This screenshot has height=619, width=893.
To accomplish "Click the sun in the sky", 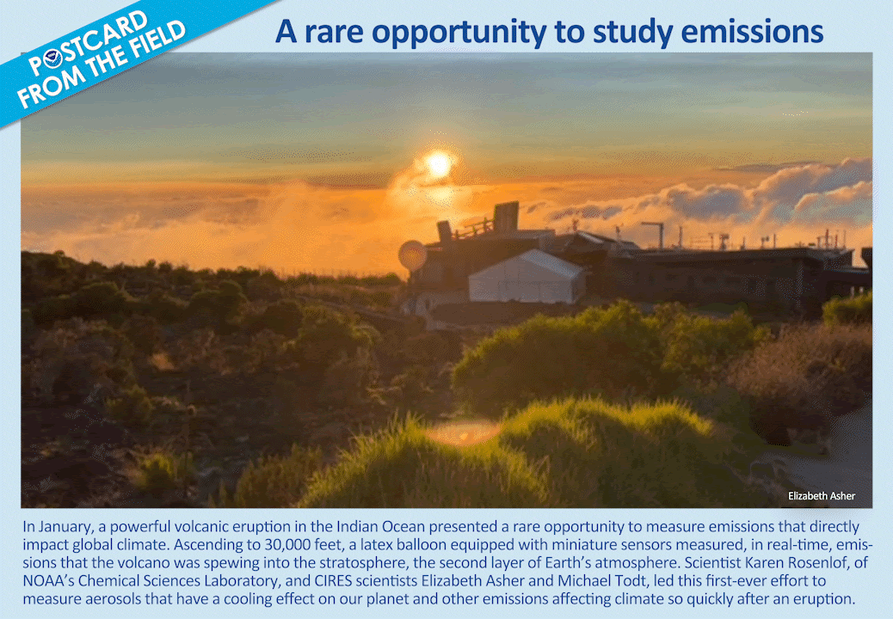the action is (x=439, y=164).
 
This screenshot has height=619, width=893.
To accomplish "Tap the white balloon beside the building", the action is (x=412, y=255).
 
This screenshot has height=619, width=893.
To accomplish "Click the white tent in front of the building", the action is (x=527, y=277).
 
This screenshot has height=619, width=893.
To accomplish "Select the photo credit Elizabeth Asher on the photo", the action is (x=822, y=496).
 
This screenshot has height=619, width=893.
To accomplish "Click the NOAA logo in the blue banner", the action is (x=53, y=58).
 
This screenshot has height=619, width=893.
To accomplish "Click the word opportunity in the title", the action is (x=459, y=33).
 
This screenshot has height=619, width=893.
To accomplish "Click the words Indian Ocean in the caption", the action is (x=374, y=526).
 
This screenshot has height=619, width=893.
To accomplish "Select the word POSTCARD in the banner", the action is (x=89, y=44).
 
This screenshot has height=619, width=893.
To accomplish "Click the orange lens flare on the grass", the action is (x=463, y=432).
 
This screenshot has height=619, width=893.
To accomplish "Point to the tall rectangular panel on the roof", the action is (x=506, y=216).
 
